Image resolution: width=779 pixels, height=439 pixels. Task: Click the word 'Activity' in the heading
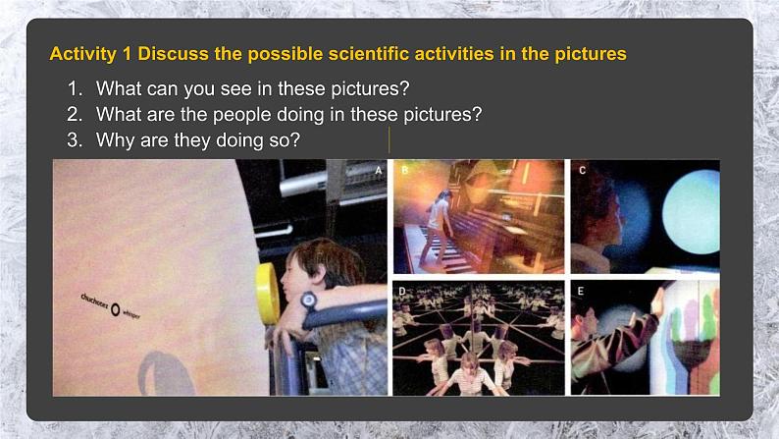(82, 54)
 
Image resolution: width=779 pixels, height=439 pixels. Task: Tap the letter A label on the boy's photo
(379, 170)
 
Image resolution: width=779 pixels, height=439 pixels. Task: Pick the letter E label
(582, 292)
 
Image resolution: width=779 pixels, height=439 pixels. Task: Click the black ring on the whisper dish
(116, 309)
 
